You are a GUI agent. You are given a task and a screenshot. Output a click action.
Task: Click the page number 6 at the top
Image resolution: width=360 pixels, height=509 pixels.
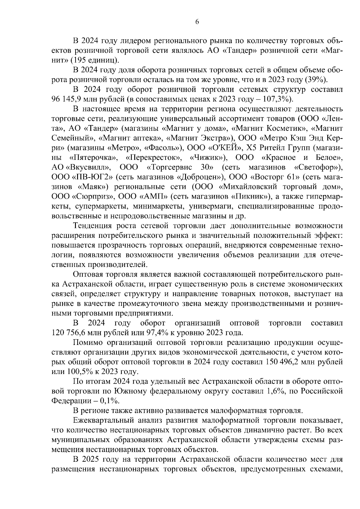pos(197,22)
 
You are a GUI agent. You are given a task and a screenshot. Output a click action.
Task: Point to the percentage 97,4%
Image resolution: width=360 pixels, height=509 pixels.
pos(158,333)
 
